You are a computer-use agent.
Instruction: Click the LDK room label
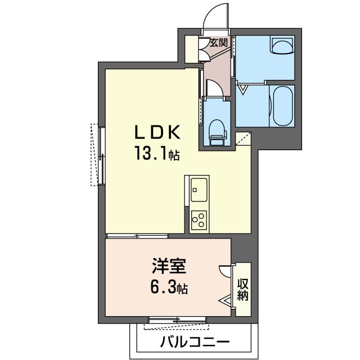(157, 132)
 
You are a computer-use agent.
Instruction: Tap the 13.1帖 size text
(157, 153)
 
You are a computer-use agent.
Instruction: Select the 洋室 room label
(169, 266)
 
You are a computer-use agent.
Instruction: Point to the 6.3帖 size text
(169, 287)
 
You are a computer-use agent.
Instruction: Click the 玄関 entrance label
(219, 43)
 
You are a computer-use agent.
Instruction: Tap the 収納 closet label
(243, 290)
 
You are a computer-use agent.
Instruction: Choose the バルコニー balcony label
(195, 342)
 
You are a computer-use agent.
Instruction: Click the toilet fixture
(217, 133)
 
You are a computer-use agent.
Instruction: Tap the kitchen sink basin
(199, 190)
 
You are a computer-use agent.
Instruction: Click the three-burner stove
(199, 219)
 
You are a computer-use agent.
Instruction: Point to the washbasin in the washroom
(283, 46)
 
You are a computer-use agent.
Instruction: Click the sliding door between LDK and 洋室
(137, 236)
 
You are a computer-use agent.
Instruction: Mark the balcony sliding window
(177, 320)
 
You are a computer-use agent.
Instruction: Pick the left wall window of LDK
(101, 156)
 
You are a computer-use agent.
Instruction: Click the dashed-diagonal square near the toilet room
(243, 138)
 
